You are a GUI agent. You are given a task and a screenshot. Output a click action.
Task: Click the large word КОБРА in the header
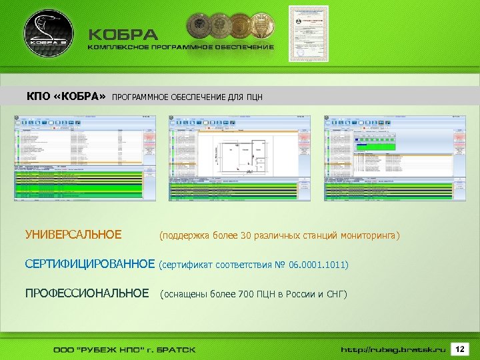124,35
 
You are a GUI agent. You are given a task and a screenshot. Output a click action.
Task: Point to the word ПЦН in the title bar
254,97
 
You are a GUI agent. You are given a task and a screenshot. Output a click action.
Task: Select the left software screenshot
85,158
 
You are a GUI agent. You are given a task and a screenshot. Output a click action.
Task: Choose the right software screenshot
393,158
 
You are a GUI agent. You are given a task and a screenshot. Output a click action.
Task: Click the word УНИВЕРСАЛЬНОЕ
73,235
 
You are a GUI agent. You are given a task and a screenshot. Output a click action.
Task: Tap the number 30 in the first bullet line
246,235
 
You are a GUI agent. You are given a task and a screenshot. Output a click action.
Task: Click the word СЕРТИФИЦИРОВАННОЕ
89,265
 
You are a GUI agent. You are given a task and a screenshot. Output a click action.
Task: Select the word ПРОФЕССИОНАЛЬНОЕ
87,293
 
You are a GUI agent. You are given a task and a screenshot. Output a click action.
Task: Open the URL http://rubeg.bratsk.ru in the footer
393,349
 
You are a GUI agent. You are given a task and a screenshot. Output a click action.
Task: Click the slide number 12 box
459,349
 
